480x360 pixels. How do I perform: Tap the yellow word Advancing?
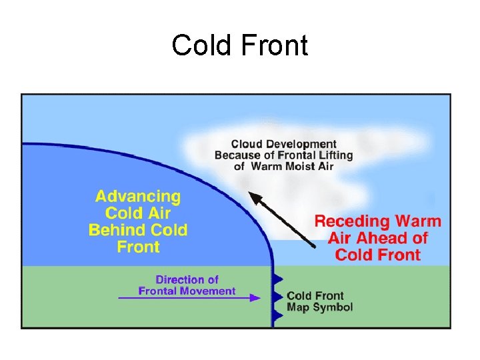[138, 197]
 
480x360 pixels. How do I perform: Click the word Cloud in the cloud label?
[247, 144]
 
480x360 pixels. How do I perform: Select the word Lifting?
[335, 155]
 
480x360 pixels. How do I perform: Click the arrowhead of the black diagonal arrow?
[254, 197]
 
